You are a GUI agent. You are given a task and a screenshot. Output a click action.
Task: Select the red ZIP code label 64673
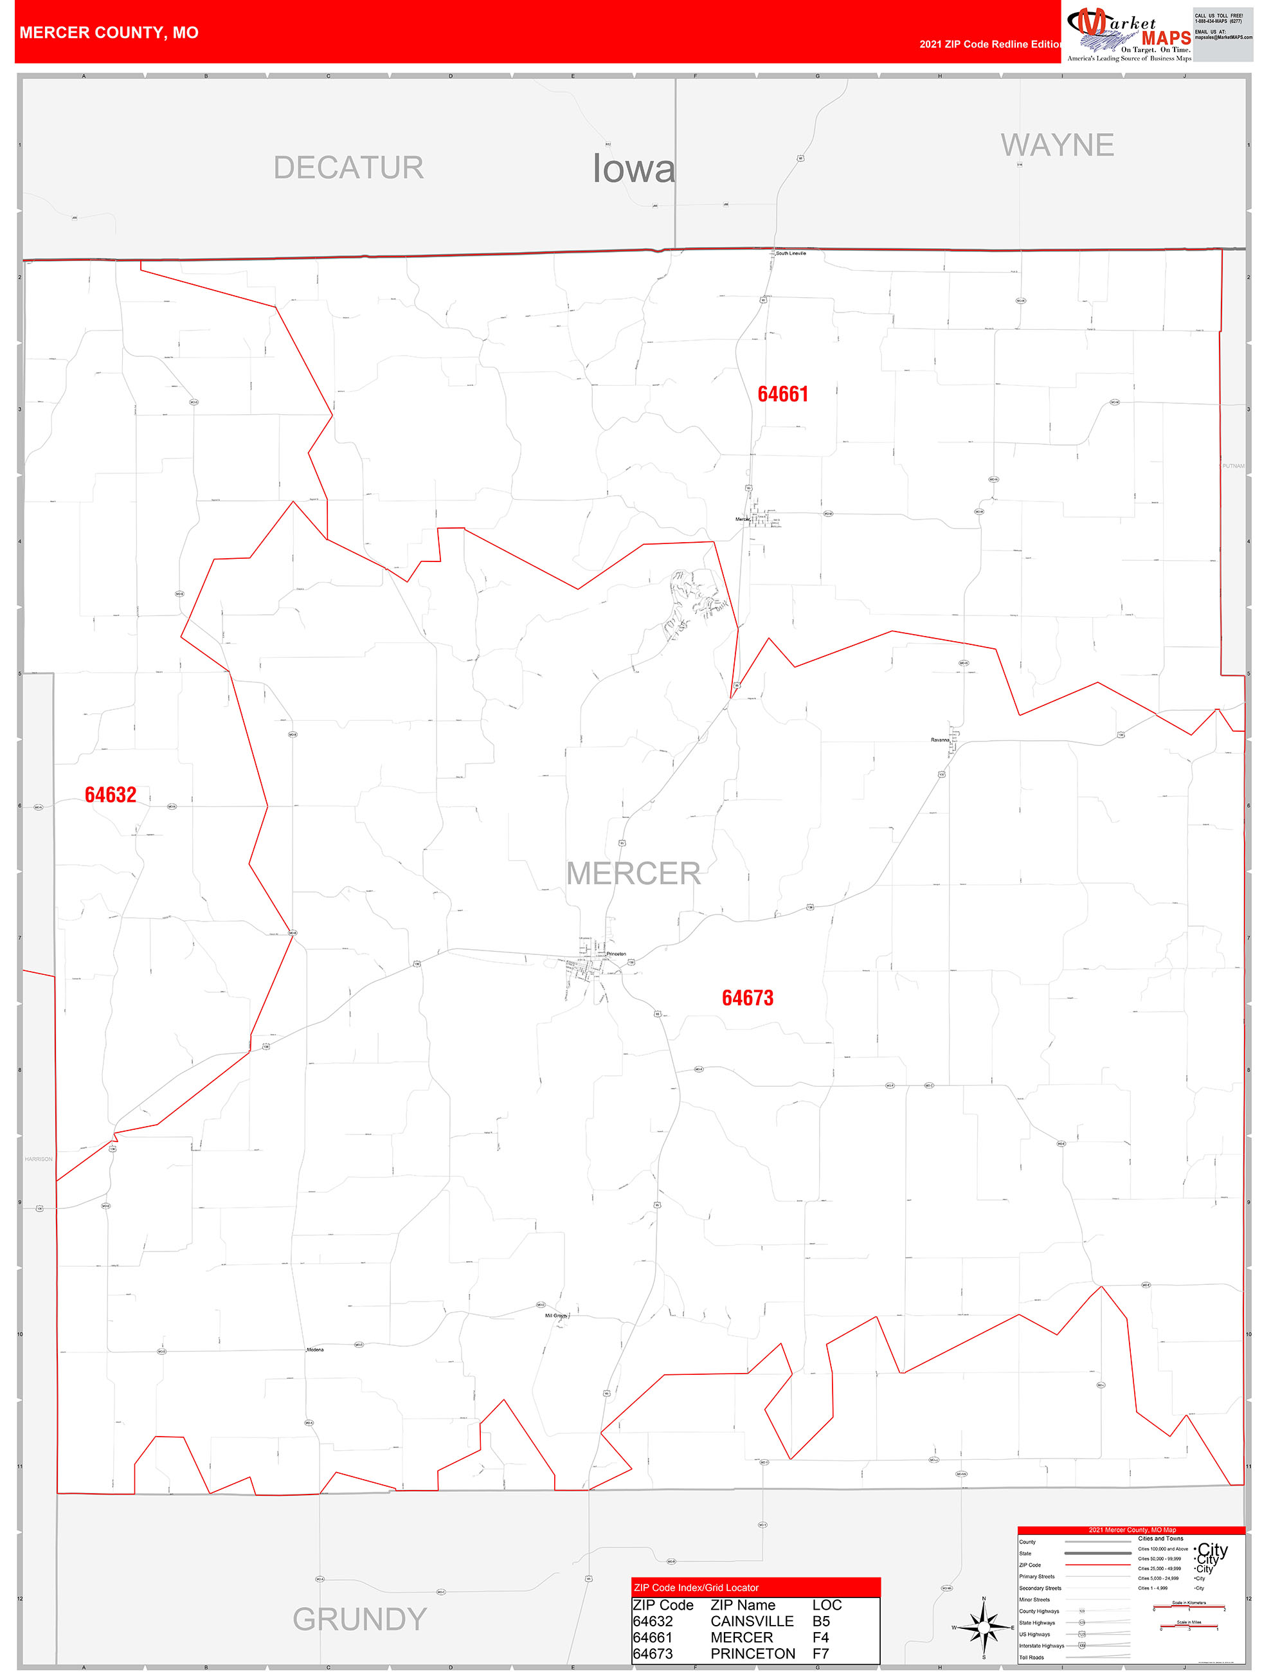pos(748,998)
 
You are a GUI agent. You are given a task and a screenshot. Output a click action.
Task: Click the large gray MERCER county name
pos(633,874)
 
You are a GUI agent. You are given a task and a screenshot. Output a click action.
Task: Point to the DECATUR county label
pos(348,168)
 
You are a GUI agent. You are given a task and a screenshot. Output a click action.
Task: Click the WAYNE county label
pos(1057,145)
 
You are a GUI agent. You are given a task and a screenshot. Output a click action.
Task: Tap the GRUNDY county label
pos(360,1619)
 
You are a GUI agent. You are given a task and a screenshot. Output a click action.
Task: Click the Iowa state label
pos(633,168)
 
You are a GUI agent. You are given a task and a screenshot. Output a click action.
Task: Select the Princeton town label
pos(616,954)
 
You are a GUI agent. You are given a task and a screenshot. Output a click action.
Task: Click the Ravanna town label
pos(940,740)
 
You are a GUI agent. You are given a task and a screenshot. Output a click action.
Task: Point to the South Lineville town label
pos(791,253)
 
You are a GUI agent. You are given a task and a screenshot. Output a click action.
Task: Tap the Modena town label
pos(315,1349)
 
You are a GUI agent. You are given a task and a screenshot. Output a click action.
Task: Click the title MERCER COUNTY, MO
pos(109,33)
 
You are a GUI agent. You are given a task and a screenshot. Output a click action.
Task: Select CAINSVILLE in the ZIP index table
pos(752,1621)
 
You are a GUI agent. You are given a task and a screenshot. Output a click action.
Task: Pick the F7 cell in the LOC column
pos(821,1653)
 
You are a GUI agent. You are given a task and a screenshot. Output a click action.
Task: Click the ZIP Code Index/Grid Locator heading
pos(696,1587)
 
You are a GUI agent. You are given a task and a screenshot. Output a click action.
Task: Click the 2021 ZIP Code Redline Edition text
pos(990,44)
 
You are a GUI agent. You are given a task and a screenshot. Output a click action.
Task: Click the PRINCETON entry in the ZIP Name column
pos(753,1653)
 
